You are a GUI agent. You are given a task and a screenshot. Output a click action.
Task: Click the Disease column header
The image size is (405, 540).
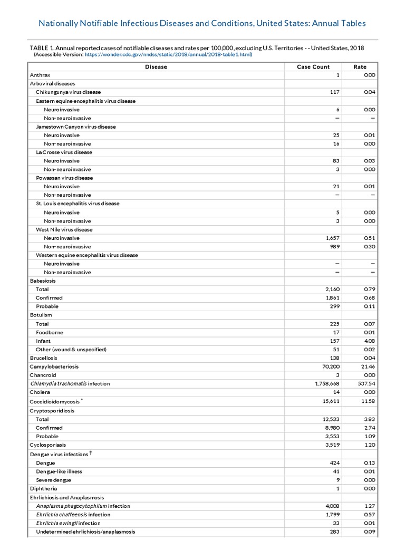pyautogui.click(x=156, y=67)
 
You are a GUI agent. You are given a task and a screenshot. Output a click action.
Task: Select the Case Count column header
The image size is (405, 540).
pyautogui.click(x=313, y=67)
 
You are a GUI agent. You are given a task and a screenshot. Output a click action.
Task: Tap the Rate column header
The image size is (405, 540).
pyautogui.click(x=360, y=67)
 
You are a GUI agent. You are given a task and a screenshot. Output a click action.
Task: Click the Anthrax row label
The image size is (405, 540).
pyautogui.click(x=40, y=75)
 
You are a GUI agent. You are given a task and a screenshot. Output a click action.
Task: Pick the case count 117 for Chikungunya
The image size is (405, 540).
pyautogui.click(x=334, y=92)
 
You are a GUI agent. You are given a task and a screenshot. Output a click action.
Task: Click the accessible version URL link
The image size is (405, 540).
pyautogui.click(x=167, y=54)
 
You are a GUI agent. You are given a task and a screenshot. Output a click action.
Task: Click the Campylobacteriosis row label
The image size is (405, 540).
pyautogui.click(x=54, y=367)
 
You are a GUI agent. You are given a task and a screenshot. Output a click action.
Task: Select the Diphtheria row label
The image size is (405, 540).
pyautogui.click(x=43, y=489)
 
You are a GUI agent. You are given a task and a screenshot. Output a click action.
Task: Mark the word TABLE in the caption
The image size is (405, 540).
pyautogui.click(x=40, y=48)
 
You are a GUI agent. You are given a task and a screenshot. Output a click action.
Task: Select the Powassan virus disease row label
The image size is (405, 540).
pyautogui.click(x=64, y=178)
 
